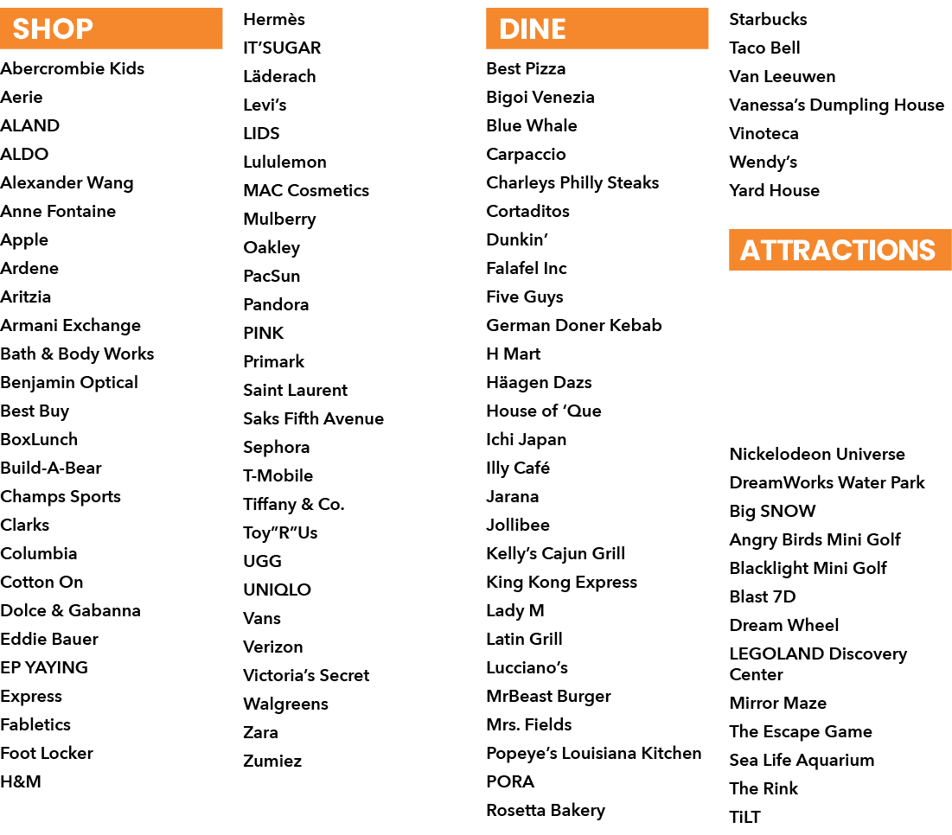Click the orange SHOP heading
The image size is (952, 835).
point(111,29)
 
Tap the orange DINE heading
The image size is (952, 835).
point(597,29)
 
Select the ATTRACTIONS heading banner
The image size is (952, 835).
point(840,250)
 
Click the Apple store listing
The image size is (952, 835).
point(24,240)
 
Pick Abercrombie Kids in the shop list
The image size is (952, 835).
point(73,68)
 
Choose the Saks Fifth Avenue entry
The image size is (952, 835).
point(313,418)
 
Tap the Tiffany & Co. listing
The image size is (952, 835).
point(294,504)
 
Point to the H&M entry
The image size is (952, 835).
point(21,781)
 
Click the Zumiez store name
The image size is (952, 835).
point(272,761)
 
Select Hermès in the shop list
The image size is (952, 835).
point(274,19)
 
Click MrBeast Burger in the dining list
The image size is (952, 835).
point(548,697)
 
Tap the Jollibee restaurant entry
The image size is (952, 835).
point(518,525)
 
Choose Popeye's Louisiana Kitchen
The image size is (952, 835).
point(594,754)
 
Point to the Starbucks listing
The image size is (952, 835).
point(768,19)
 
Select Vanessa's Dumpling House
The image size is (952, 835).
point(837,105)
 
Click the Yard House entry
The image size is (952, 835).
point(774,190)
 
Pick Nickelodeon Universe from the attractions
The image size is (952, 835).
point(817,454)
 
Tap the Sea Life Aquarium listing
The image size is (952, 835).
point(802,761)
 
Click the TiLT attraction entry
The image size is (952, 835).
point(744,817)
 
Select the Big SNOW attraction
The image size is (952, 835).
point(772,512)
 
